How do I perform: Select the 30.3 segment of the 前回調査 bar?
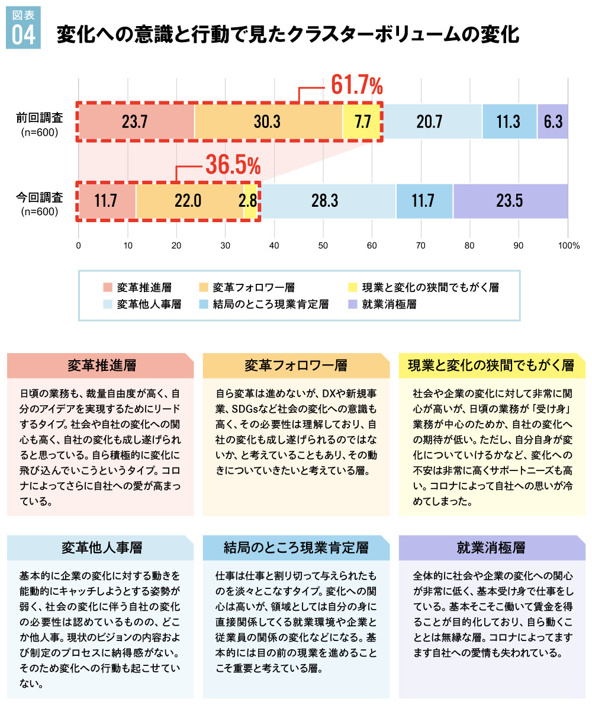coord(268,121)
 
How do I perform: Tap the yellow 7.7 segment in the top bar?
coord(362,121)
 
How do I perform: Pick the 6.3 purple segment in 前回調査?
coord(553,121)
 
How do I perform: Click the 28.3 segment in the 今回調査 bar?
coord(326,201)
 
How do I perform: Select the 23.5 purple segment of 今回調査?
coord(510,201)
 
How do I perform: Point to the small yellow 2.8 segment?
coord(250,201)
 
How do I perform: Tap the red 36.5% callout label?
coord(232,165)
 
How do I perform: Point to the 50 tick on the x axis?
coord(323,244)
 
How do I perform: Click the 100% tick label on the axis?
coord(569,244)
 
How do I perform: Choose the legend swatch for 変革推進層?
coord(107,288)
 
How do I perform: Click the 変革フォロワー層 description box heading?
coord(296,366)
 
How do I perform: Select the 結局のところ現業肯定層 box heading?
coord(296,547)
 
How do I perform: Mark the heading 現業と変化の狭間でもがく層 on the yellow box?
coord(491,366)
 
